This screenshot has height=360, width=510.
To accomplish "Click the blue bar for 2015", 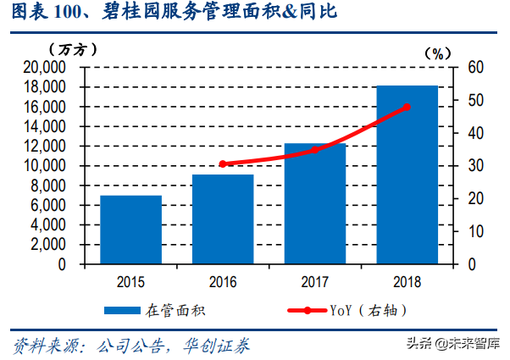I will point(131,230).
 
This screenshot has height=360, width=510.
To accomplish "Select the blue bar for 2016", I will point(223,219).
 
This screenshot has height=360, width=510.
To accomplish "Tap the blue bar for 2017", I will point(314,203).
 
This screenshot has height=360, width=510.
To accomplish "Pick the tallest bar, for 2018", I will point(407,174).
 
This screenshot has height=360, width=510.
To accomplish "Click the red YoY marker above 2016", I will point(223,163).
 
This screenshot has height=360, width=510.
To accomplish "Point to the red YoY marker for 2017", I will point(314,150).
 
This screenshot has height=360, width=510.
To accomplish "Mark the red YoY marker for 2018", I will point(407,107).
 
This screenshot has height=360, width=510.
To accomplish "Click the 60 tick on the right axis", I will point(476,68).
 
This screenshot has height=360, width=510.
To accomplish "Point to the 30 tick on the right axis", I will point(476,166).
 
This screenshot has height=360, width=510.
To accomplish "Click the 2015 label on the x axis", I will point(131,280).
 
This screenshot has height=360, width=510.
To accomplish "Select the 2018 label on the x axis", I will point(407,280).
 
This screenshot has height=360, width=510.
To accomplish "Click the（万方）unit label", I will point(67,49).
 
